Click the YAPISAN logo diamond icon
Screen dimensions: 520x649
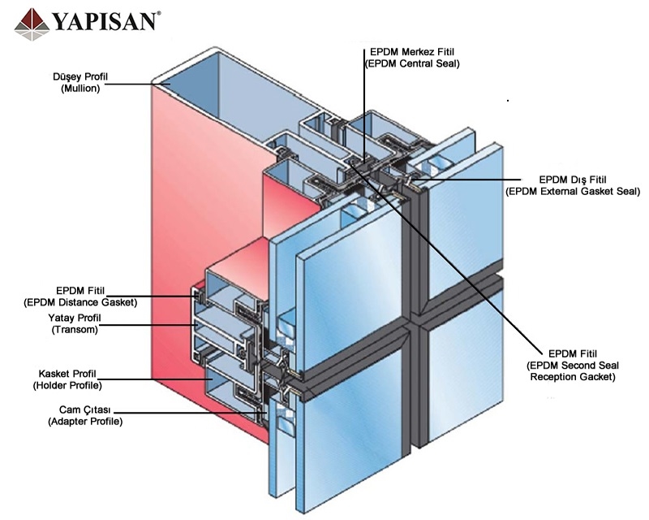[x=32, y=21]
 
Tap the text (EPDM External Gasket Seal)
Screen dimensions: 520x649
[x=573, y=191]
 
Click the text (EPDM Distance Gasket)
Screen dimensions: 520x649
[x=80, y=302]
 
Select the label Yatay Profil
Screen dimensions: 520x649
[x=74, y=318]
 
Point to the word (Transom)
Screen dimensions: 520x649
[x=74, y=330]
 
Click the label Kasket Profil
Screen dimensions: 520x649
[x=74, y=373]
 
